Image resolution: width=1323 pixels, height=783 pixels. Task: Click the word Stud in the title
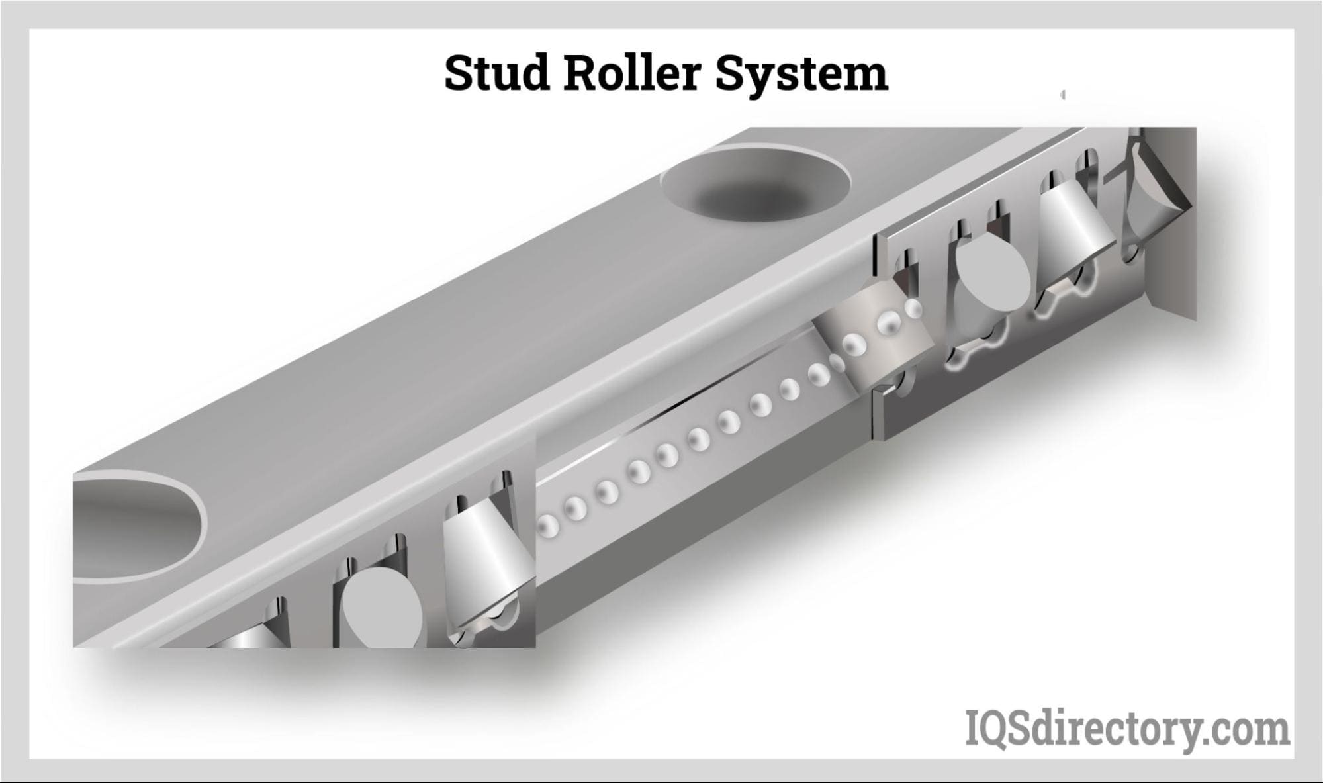click(497, 73)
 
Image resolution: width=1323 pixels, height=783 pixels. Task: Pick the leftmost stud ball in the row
click(548, 527)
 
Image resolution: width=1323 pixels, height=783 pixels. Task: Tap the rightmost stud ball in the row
click(913, 308)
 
